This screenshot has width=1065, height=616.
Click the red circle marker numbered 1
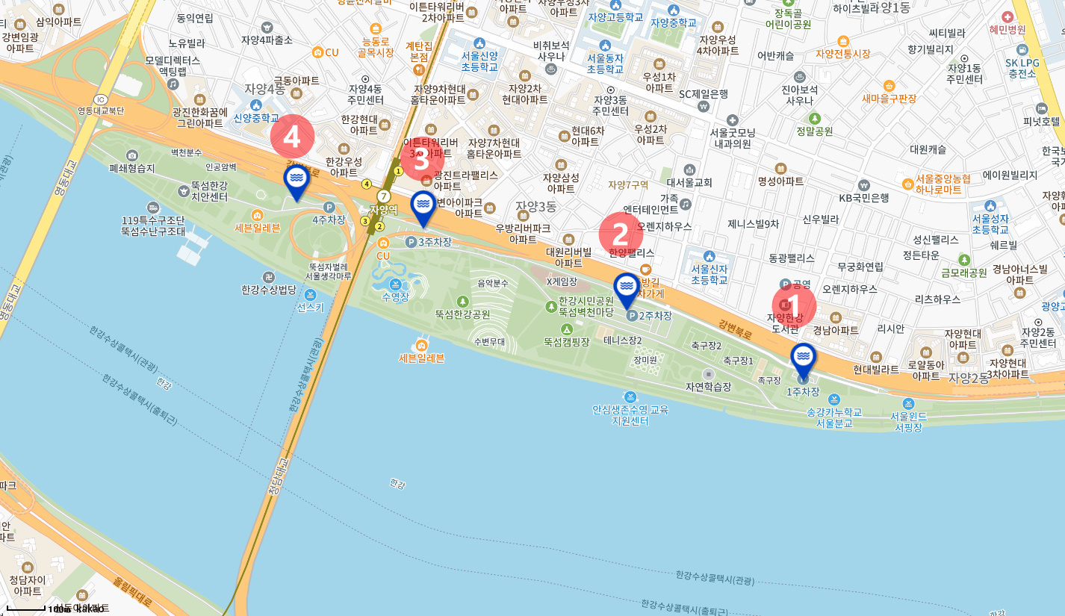pyautogui.click(x=793, y=306)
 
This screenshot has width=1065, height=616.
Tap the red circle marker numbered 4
pyautogui.click(x=292, y=137)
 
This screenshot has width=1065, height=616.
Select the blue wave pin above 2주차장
pyautogui.click(x=627, y=288)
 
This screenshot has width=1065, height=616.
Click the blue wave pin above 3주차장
pyautogui.click(x=423, y=206)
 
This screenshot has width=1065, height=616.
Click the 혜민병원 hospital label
pyautogui.click(x=1007, y=29)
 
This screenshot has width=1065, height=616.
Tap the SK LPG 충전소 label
pyautogui.click(x=1022, y=68)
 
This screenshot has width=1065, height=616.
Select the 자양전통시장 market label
pyautogui.click(x=843, y=54)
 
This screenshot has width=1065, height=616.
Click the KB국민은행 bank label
pyautogui.click(x=863, y=198)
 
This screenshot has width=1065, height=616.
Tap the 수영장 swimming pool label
pyautogui.click(x=395, y=296)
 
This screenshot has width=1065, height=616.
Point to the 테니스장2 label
pyautogui.click(x=623, y=340)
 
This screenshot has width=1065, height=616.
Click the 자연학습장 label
pyautogui.click(x=708, y=386)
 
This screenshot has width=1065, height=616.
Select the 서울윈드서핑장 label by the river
pyautogui.click(x=908, y=421)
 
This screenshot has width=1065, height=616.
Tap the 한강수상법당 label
pyautogui.click(x=269, y=289)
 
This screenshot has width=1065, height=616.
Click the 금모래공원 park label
pyautogui.click(x=963, y=273)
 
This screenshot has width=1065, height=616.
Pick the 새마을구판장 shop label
pyautogui.click(x=889, y=98)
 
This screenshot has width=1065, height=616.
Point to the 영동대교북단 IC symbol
pyautogui.click(x=101, y=99)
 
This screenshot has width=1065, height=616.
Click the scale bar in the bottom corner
pyautogui.click(x=26, y=609)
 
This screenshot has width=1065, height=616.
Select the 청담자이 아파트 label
pyautogui.click(x=28, y=585)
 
